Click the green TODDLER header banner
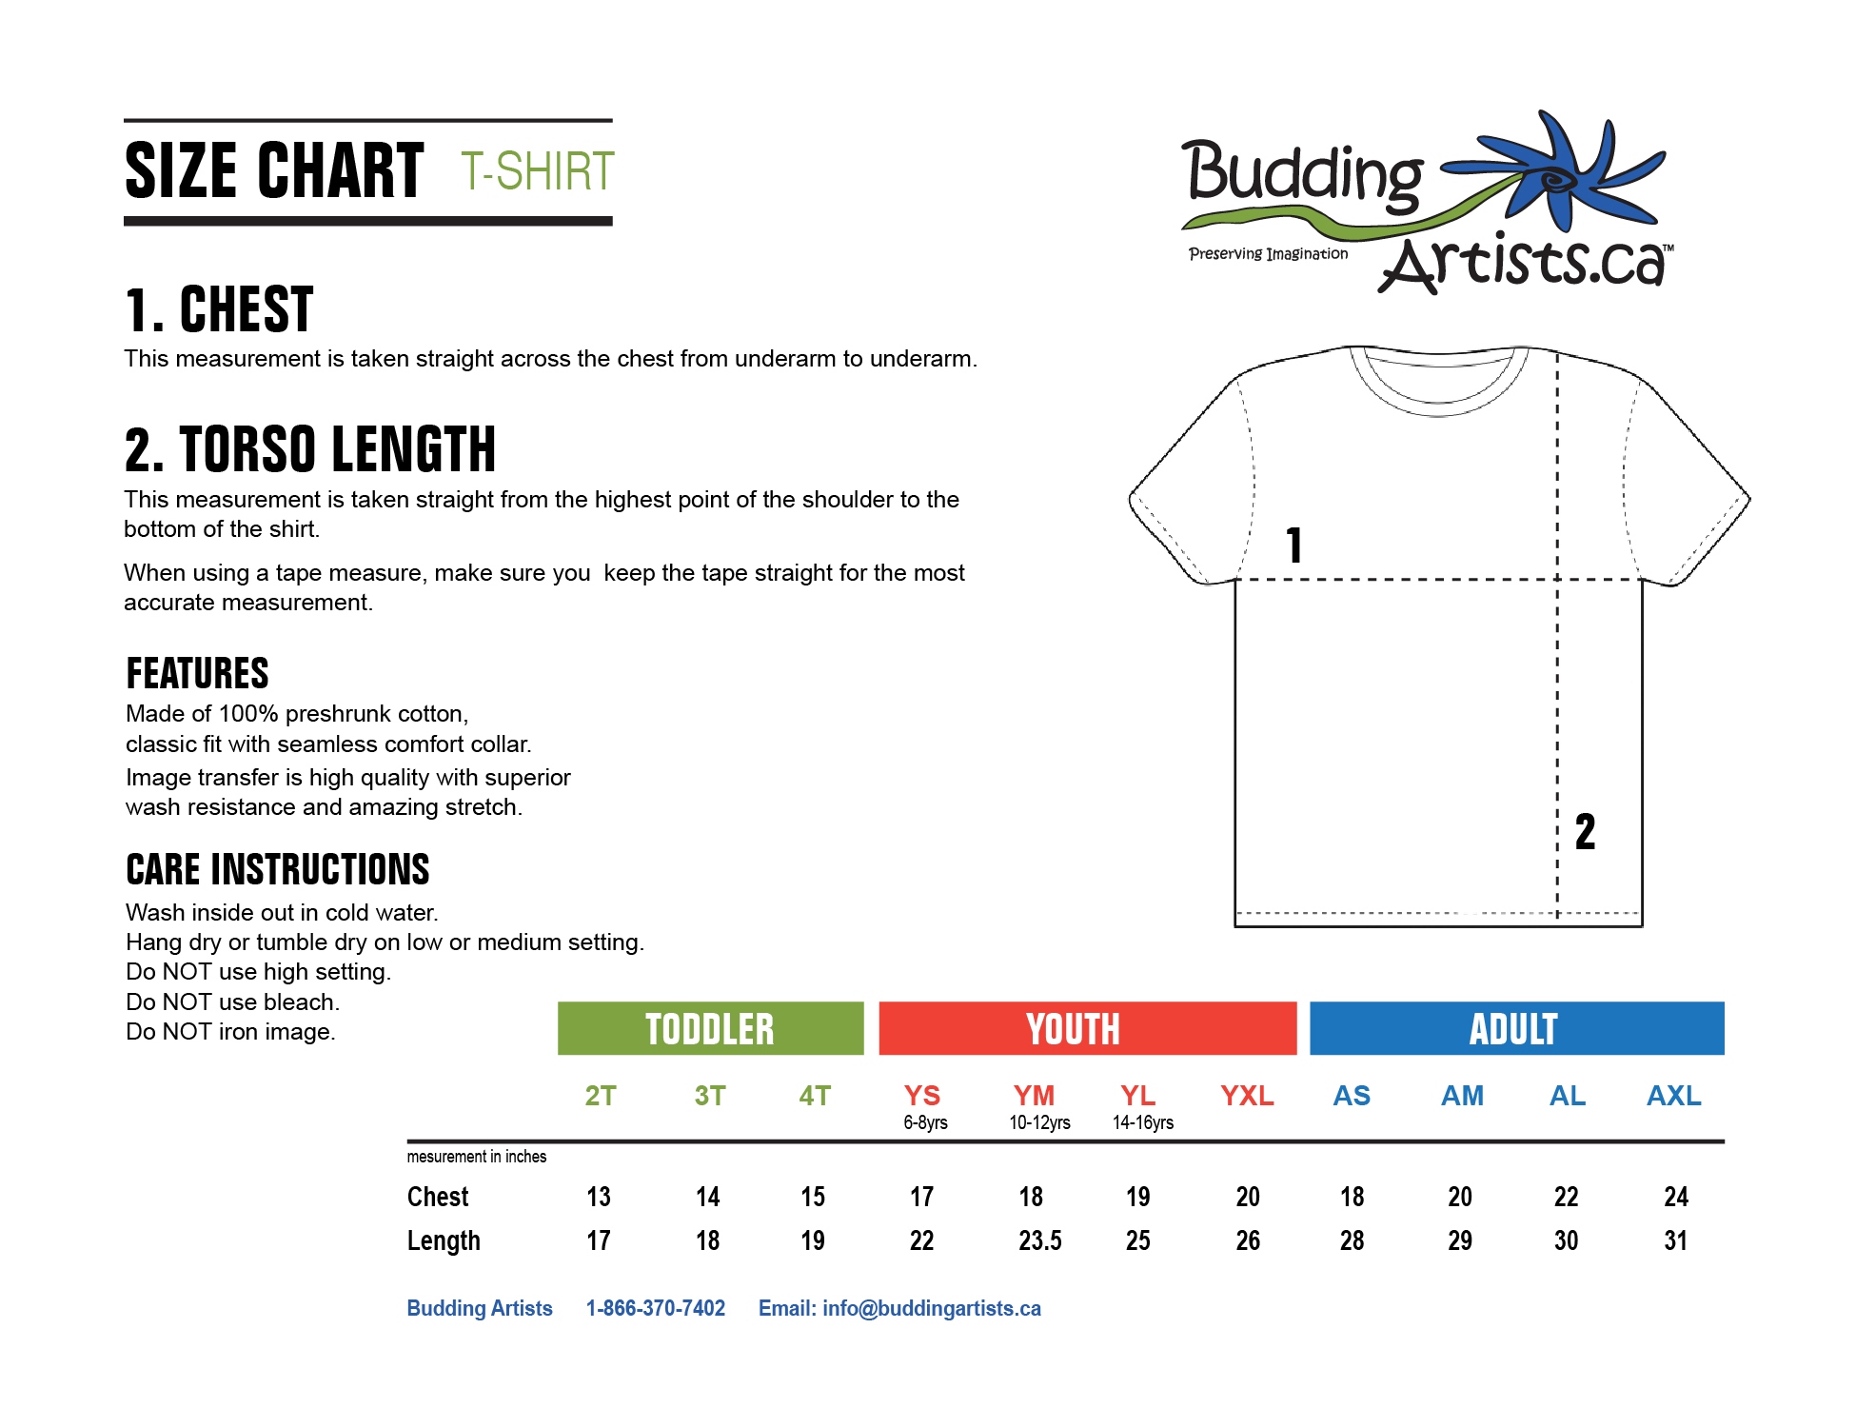[710, 1028]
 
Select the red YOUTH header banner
[1086, 1028]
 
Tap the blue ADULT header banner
[1516, 1028]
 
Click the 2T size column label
[601, 1096]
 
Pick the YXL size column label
[1247, 1096]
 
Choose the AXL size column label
[1673, 1096]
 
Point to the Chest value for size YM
[1031, 1197]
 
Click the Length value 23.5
[1040, 1240]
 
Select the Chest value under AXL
[1675, 1197]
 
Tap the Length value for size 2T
[599, 1240]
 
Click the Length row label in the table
[444, 1240]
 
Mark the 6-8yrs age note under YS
[925, 1122]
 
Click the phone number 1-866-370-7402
[656, 1308]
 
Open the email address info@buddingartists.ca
[931, 1308]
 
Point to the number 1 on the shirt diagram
[1293, 545]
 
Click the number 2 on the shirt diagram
[1585, 832]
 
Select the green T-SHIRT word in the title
[538, 171]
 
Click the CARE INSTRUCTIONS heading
[278, 869]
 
